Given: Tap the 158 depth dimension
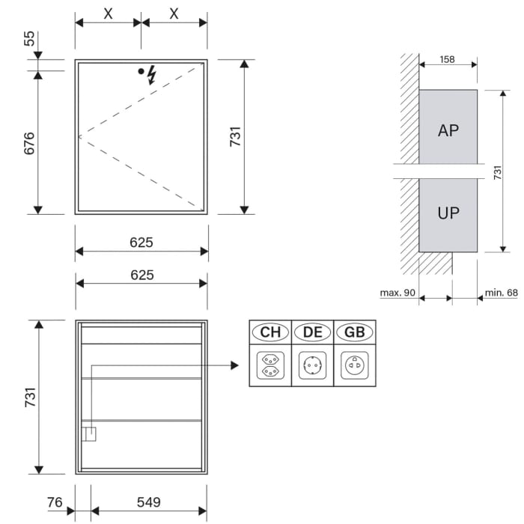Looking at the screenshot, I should (x=447, y=60).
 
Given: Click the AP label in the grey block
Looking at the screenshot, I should (x=448, y=130).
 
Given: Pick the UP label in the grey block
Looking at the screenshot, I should (x=448, y=213).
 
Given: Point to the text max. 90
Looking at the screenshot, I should (x=397, y=293).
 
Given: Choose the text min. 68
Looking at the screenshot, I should (x=501, y=293).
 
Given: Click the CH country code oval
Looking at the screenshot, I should (x=269, y=332).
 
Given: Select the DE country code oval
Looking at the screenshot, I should (x=312, y=332).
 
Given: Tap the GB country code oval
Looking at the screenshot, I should (x=355, y=332).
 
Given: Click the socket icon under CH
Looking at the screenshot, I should (x=269, y=365).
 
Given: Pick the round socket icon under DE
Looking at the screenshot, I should (x=312, y=365).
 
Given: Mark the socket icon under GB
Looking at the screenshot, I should (x=355, y=365).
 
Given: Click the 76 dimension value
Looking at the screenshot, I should (x=55, y=502).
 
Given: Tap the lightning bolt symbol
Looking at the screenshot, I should (x=152, y=75).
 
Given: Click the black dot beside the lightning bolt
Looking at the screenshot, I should (x=140, y=72).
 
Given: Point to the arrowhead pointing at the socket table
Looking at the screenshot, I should (x=234, y=365).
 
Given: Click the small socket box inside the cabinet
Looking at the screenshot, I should (x=90, y=434).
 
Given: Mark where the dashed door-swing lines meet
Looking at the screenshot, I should (x=80, y=136).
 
